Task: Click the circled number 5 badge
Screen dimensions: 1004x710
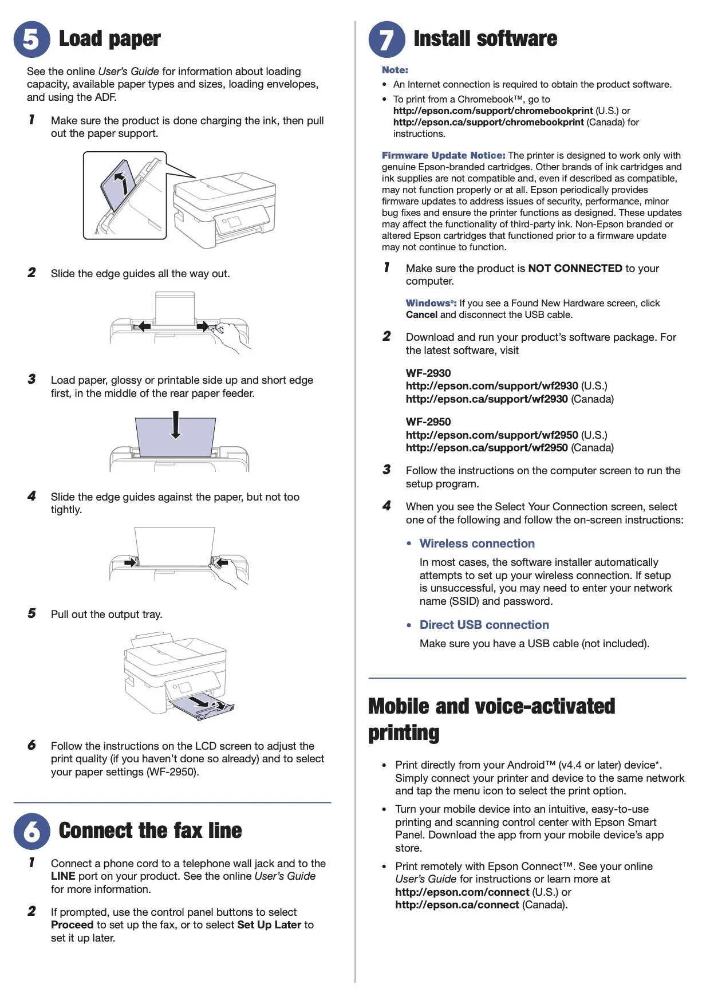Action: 32,39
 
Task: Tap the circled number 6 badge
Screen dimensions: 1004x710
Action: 32,831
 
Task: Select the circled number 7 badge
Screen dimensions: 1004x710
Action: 386,39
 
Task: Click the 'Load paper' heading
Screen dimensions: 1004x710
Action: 109,39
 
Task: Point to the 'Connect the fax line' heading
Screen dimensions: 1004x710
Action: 150,830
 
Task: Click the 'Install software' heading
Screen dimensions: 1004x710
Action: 485,39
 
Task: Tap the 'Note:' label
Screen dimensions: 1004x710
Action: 395,70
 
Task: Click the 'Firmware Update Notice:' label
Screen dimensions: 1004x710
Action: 443,155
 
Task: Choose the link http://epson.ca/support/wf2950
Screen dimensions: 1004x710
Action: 487,448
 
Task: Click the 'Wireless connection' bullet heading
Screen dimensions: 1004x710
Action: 477,544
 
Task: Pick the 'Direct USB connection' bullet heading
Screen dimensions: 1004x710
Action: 484,625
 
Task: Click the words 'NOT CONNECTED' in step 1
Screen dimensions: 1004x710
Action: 575,268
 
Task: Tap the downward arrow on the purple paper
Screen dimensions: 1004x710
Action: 176,425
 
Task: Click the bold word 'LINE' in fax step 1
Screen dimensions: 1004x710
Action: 63,876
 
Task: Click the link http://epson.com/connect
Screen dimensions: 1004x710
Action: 462,892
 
